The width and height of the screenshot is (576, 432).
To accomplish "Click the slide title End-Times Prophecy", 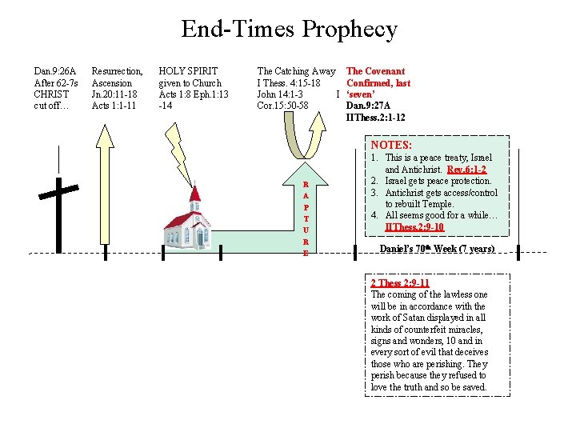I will point(289,30).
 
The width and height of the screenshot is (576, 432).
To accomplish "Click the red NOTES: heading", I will point(391,145).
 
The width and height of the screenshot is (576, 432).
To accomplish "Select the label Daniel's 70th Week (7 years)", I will point(437,249).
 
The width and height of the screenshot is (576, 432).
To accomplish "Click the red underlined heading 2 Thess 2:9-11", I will point(400,283).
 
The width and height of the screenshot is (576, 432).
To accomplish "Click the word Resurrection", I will point(117,71).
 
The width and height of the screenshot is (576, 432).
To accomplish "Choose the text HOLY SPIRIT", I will point(188,71).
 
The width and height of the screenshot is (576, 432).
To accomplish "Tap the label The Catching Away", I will point(296,71).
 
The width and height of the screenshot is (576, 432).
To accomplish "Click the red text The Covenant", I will point(375,71).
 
